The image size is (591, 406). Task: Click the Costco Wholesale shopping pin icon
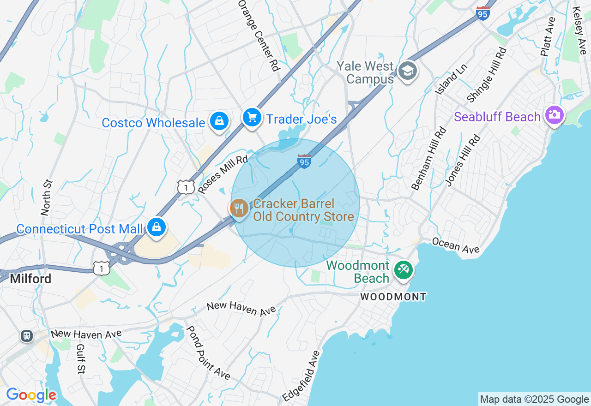219,121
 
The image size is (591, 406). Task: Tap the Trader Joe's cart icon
252,117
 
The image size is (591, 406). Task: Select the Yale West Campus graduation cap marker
407,71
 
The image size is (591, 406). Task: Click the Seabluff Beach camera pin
554,114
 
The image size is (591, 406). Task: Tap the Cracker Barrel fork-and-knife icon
239,209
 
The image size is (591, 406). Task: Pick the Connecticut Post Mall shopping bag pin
157,227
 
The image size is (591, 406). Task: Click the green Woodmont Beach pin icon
403,269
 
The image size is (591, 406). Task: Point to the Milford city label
30,279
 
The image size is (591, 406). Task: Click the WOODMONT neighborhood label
393,297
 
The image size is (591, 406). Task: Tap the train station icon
27,335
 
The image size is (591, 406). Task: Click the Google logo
31,395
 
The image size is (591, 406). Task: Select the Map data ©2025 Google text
534,400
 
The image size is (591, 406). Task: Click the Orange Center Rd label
259,35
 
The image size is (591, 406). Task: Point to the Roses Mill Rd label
223,174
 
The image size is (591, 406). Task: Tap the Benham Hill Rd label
430,158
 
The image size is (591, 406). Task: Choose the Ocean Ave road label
456,245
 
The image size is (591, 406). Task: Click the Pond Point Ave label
208,352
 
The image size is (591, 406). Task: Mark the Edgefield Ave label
301,376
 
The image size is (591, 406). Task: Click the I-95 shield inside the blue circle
304,161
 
